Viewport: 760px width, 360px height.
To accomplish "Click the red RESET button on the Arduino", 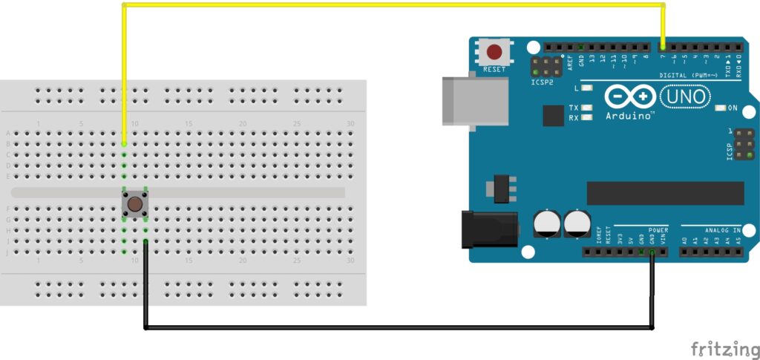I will pyautogui.click(x=495, y=53).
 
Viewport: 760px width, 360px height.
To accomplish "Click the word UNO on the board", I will pyautogui.click(x=684, y=97).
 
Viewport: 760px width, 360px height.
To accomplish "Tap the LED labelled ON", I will pyautogui.click(x=720, y=108).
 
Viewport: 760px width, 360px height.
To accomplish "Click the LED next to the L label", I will pyautogui.click(x=587, y=88).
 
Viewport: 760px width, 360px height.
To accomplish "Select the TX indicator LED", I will pyautogui.click(x=587, y=108).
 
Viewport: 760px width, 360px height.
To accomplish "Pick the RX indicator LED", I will pyautogui.click(x=587, y=117).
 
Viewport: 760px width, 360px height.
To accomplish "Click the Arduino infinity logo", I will pyautogui.click(x=629, y=97).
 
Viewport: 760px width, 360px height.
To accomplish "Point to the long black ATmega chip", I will pyautogui.click(x=665, y=193).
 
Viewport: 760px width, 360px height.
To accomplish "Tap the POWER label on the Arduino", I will pyautogui.click(x=658, y=231).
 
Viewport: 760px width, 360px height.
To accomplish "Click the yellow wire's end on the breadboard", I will pyautogui.click(x=124, y=144).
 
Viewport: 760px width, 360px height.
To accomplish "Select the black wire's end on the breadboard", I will pyautogui.click(x=145, y=242).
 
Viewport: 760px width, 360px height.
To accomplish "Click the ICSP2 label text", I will pyautogui.click(x=543, y=82).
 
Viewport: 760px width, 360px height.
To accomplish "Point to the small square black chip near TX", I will pyautogui.click(x=553, y=116).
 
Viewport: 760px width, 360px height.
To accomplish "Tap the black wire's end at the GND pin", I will pyautogui.click(x=652, y=252).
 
